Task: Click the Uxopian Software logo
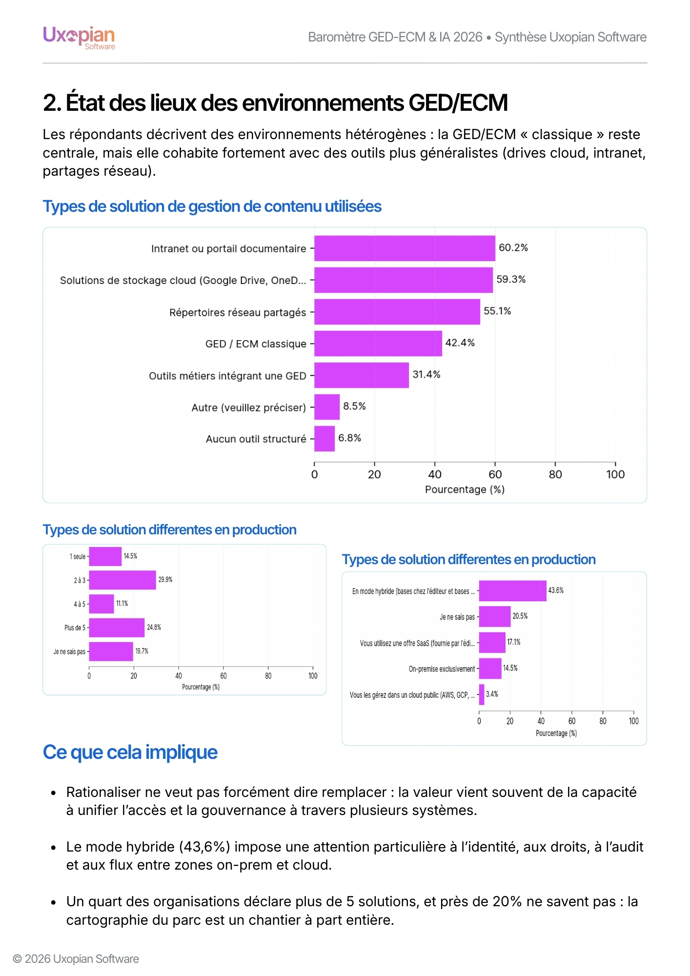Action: pos(79,38)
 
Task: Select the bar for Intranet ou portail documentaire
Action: pos(405,248)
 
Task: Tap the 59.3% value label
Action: pos(511,280)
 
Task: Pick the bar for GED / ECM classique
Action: pos(378,344)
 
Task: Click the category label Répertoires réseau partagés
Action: pos(238,312)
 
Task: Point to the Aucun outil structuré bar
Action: pos(325,439)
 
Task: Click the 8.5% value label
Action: pos(354,407)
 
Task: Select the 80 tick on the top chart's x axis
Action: pos(555,474)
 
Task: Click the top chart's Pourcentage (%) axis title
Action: pos(465,489)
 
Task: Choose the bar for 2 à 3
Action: pos(122,580)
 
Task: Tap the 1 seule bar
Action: pos(105,556)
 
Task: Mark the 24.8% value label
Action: pos(154,628)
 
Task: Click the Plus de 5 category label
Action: pos(75,628)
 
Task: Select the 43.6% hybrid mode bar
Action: pos(512,591)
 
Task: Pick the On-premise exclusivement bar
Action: pos(490,669)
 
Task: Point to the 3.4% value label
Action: pos(492,694)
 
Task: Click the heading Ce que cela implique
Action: pos(130,752)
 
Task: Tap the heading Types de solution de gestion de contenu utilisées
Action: pos(212,206)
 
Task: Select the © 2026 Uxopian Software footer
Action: pos(76,959)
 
